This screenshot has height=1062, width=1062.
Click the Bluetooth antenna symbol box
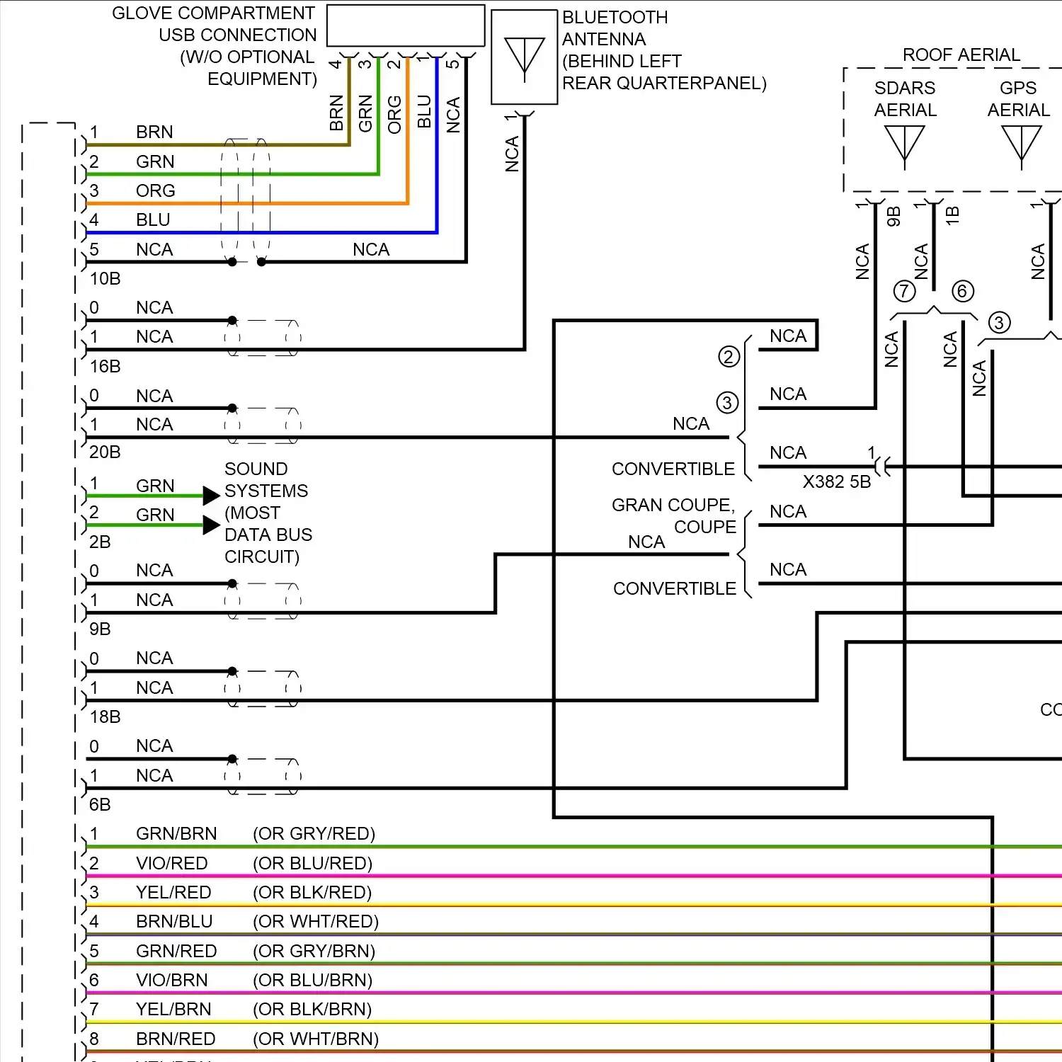click(x=524, y=57)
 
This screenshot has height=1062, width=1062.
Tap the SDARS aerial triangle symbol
click(x=904, y=144)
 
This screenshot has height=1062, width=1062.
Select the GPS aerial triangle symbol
click(x=1021, y=144)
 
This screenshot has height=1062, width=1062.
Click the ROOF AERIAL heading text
click(x=961, y=55)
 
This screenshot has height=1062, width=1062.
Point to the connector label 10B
click(x=105, y=279)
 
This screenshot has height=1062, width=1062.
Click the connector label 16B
click(x=105, y=366)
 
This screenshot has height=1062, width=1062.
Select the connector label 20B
click(x=105, y=452)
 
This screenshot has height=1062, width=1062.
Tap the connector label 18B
click(x=105, y=717)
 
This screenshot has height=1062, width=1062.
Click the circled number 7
click(x=904, y=291)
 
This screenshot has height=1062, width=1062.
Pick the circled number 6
click(x=962, y=291)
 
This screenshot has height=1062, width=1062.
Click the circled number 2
click(x=729, y=356)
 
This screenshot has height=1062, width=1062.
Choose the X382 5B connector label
click(x=836, y=482)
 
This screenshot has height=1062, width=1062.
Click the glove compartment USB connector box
click(x=406, y=26)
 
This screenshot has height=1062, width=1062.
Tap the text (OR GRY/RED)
click(x=314, y=834)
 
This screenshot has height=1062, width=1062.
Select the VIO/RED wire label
click(x=171, y=863)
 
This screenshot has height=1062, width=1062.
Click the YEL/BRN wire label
click(x=173, y=1009)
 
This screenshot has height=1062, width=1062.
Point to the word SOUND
click(x=256, y=469)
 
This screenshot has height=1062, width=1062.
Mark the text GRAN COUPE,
click(x=673, y=505)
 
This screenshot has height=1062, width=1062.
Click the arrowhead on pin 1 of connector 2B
click(x=211, y=496)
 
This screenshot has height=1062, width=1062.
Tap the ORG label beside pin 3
click(x=155, y=191)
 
